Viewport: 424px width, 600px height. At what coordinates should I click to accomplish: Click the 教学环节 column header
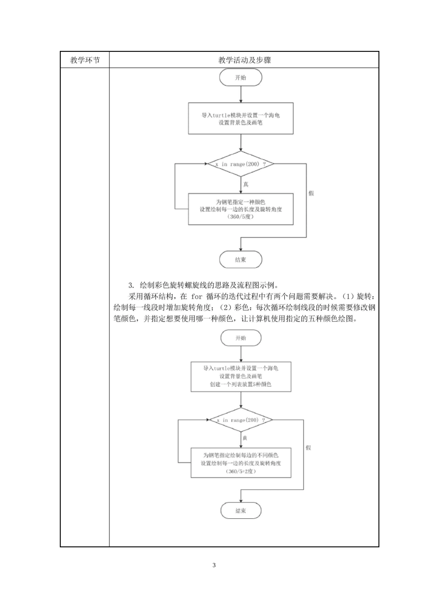(x=85, y=60)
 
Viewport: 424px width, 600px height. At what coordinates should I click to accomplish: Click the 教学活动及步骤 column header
(x=244, y=60)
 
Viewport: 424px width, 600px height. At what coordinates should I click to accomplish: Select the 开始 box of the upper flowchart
(x=241, y=78)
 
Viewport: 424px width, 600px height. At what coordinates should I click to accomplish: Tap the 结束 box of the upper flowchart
(x=241, y=259)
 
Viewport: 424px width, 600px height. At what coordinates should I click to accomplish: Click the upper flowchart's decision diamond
(x=241, y=164)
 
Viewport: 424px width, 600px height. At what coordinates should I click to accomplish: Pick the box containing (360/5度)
(x=241, y=209)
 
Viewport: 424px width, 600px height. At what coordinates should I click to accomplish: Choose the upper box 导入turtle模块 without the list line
(x=241, y=119)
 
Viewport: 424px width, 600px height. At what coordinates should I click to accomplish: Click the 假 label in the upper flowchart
(x=311, y=193)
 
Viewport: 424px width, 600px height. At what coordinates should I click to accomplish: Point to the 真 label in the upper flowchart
(x=245, y=184)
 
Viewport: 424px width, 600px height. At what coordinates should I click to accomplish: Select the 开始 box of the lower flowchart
(x=241, y=338)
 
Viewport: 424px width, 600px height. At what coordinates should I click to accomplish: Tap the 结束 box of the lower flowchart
(x=241, y=511)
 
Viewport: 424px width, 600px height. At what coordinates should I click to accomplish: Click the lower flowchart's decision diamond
(x=241, y=420)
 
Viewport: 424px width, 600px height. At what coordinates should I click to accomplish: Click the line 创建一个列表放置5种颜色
(x=241, y=384)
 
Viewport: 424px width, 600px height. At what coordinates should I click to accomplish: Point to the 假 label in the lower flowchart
(x=308, y=448)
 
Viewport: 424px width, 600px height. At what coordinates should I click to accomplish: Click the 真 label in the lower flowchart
(x=245, y=438)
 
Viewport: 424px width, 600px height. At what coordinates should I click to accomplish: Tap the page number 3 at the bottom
(x=214, y=565)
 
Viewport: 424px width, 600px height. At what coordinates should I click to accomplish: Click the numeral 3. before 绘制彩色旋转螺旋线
(x=131, y=285)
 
